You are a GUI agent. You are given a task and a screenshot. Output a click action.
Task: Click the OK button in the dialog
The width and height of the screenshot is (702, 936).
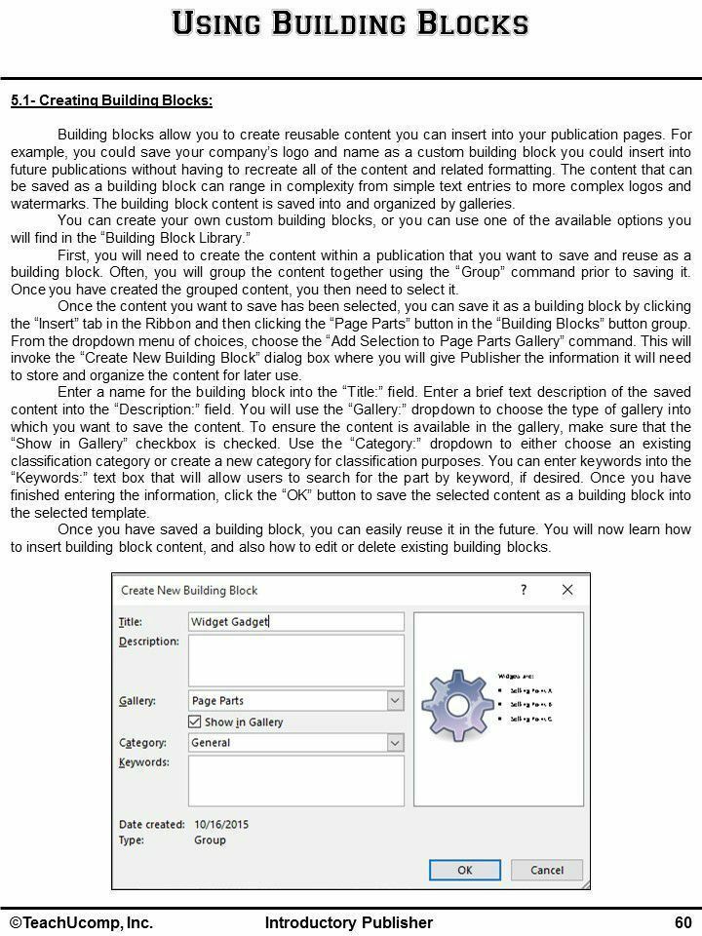465,871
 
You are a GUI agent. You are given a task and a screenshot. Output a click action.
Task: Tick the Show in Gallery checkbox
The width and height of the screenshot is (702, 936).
195,721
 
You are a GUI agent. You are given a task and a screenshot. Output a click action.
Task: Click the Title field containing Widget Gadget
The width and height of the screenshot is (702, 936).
295,621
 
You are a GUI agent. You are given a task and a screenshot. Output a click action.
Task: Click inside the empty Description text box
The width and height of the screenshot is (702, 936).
295,660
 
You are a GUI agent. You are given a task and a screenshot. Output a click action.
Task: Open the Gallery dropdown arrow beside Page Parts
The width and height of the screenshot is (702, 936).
395,700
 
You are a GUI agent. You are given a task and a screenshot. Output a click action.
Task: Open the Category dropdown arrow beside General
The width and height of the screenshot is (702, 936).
395,742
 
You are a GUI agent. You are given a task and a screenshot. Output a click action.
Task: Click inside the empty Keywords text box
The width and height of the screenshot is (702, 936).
295,780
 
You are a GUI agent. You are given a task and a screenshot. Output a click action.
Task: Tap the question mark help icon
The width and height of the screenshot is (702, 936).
524,590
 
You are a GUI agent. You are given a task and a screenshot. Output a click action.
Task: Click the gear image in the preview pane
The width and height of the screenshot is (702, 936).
454,703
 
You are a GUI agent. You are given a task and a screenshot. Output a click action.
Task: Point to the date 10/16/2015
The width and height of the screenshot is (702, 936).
221,824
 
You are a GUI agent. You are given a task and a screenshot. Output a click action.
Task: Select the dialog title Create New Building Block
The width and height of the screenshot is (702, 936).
189,590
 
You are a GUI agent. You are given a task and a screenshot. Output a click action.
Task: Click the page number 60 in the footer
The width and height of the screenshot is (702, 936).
682,922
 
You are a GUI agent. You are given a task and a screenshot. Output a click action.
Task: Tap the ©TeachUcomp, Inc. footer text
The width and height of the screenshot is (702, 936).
82,922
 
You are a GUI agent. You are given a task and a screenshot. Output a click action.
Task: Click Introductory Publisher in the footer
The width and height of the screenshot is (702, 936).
349,922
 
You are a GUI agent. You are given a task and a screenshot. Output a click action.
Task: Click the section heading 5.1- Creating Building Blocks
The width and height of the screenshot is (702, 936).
111,100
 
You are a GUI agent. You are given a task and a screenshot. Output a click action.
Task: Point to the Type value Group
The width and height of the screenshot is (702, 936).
210,839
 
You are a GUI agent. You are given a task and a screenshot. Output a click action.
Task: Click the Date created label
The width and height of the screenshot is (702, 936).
151,824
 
